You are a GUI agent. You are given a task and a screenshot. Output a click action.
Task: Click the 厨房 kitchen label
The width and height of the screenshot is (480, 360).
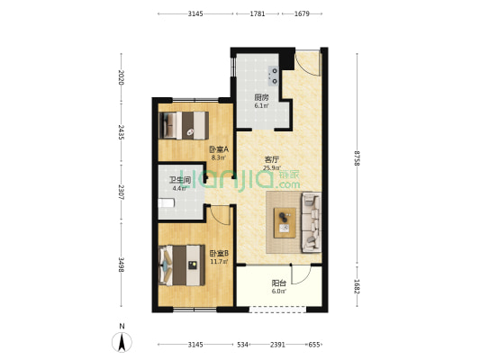click(261, 97)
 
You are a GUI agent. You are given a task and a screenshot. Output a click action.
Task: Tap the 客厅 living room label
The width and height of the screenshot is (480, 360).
click(272, 159)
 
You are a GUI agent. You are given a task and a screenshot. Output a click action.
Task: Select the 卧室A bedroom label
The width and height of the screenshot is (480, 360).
click(219, 149)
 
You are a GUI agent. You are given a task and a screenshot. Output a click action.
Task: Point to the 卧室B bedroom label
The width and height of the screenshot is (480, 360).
click(219, 254)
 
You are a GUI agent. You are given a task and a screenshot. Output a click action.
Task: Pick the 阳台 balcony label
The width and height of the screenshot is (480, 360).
click(279, 283)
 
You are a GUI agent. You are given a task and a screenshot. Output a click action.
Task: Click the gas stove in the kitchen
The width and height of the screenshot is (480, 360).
click(273, 76)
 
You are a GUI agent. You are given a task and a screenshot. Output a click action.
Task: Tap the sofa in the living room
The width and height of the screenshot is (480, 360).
click(312, 222)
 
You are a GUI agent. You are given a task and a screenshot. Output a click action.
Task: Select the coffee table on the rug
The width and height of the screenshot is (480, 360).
click(285, 222)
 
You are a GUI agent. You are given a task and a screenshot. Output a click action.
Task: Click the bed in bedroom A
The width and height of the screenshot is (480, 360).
click(184, 125)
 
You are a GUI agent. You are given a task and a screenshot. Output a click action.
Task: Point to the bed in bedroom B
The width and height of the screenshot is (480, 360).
click(182, 265)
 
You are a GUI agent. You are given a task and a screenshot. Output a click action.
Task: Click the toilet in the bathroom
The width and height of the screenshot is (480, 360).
click(167, 203)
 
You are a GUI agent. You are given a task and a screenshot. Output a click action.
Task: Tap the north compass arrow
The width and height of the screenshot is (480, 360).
click(122, 342)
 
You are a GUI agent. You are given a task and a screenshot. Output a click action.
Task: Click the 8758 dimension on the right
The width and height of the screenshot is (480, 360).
click(357, 157)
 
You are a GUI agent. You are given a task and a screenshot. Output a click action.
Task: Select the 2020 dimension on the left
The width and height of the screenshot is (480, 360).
click(121, 77)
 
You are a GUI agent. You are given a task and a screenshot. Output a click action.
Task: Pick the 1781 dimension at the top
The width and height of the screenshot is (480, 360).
click(258, 13)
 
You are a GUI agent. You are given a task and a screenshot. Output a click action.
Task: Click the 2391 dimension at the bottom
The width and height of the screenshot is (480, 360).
click(277, 345)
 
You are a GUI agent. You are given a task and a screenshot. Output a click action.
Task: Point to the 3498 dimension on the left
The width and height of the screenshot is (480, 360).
click(122, 265)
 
